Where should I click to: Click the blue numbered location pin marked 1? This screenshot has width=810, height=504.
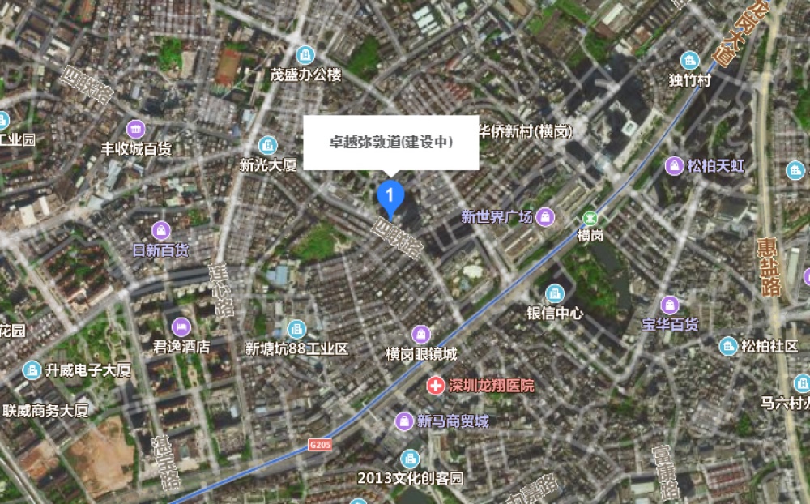tap(390, 195)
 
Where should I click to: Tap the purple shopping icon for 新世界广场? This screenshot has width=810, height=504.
tap(547, 216)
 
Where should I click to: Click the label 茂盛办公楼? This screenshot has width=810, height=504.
tap(306, 75)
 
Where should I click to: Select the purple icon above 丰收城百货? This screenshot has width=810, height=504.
tap(135, 128)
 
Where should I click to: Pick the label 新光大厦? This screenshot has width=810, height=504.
tap(268, 164)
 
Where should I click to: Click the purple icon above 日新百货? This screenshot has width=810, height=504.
tap(161, 229)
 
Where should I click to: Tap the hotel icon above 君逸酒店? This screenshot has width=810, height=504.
tap(181, 326)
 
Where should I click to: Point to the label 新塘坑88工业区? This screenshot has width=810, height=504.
tap(296, 349)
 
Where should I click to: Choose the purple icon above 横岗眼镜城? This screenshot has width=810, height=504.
tap(420, 334)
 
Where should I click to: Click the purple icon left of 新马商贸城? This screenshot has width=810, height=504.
tap(404, 421)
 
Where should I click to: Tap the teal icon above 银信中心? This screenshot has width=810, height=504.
tap(555, 293)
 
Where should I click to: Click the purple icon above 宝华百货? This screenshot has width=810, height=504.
tap(670, 305)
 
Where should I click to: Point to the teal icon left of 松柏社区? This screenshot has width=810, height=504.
tap(728, 347)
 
